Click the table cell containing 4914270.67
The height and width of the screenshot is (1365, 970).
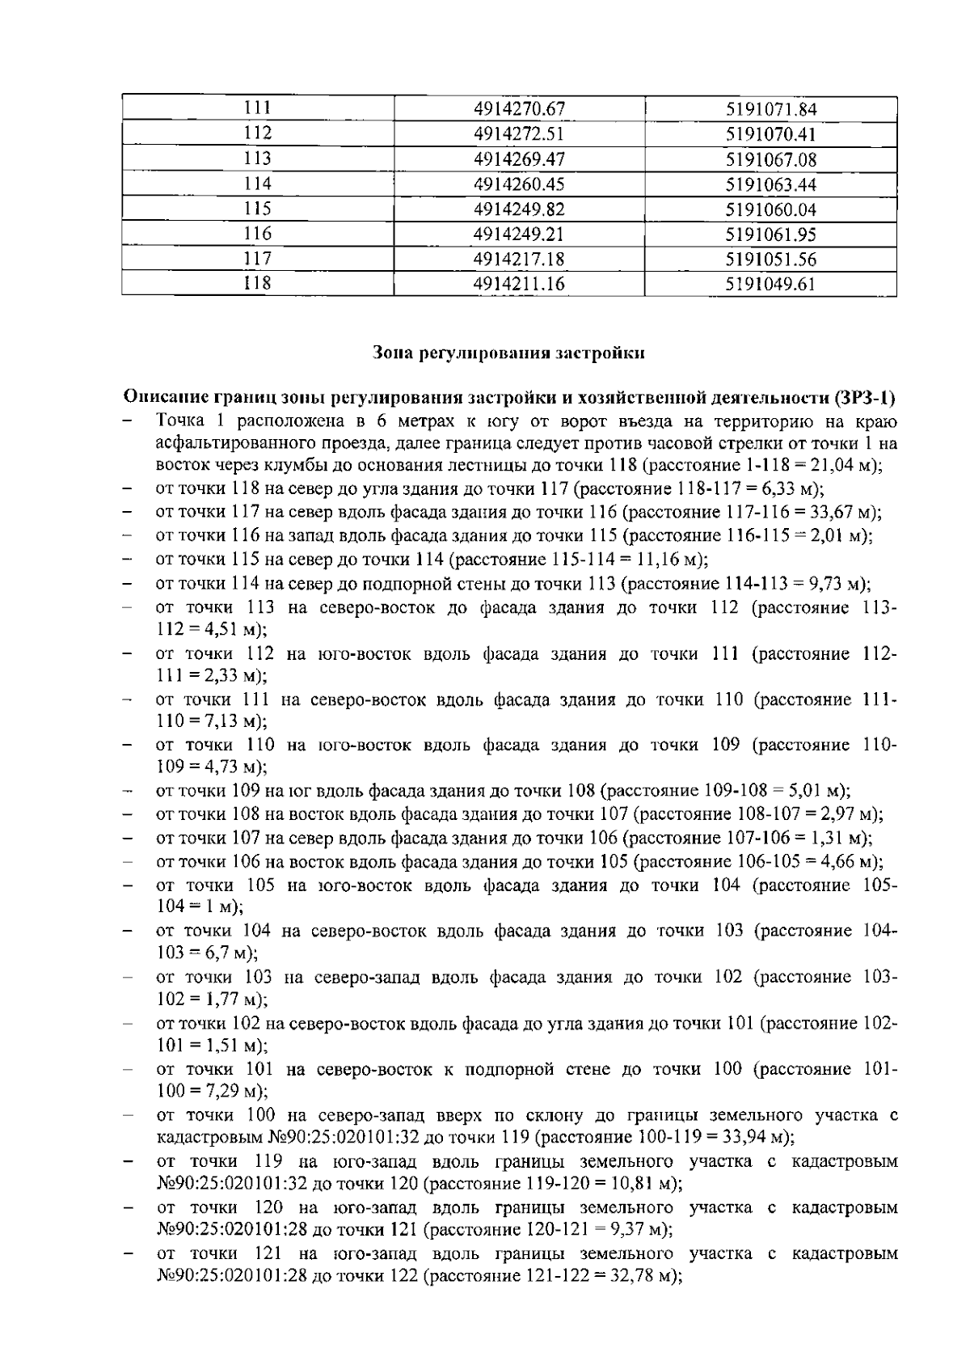(519, 109)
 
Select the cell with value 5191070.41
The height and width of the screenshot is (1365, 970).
(771, 134)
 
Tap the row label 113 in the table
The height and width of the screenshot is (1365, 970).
(258, 159)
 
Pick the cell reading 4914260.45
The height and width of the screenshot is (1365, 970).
(519, 184)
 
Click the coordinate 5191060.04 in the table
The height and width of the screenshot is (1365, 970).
(771, 209)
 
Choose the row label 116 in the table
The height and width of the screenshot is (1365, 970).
(258, 235)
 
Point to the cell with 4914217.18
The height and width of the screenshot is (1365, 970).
(519, 260)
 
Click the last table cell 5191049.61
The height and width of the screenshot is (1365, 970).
(771, 285)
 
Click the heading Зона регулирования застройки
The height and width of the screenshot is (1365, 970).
(509, 353)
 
